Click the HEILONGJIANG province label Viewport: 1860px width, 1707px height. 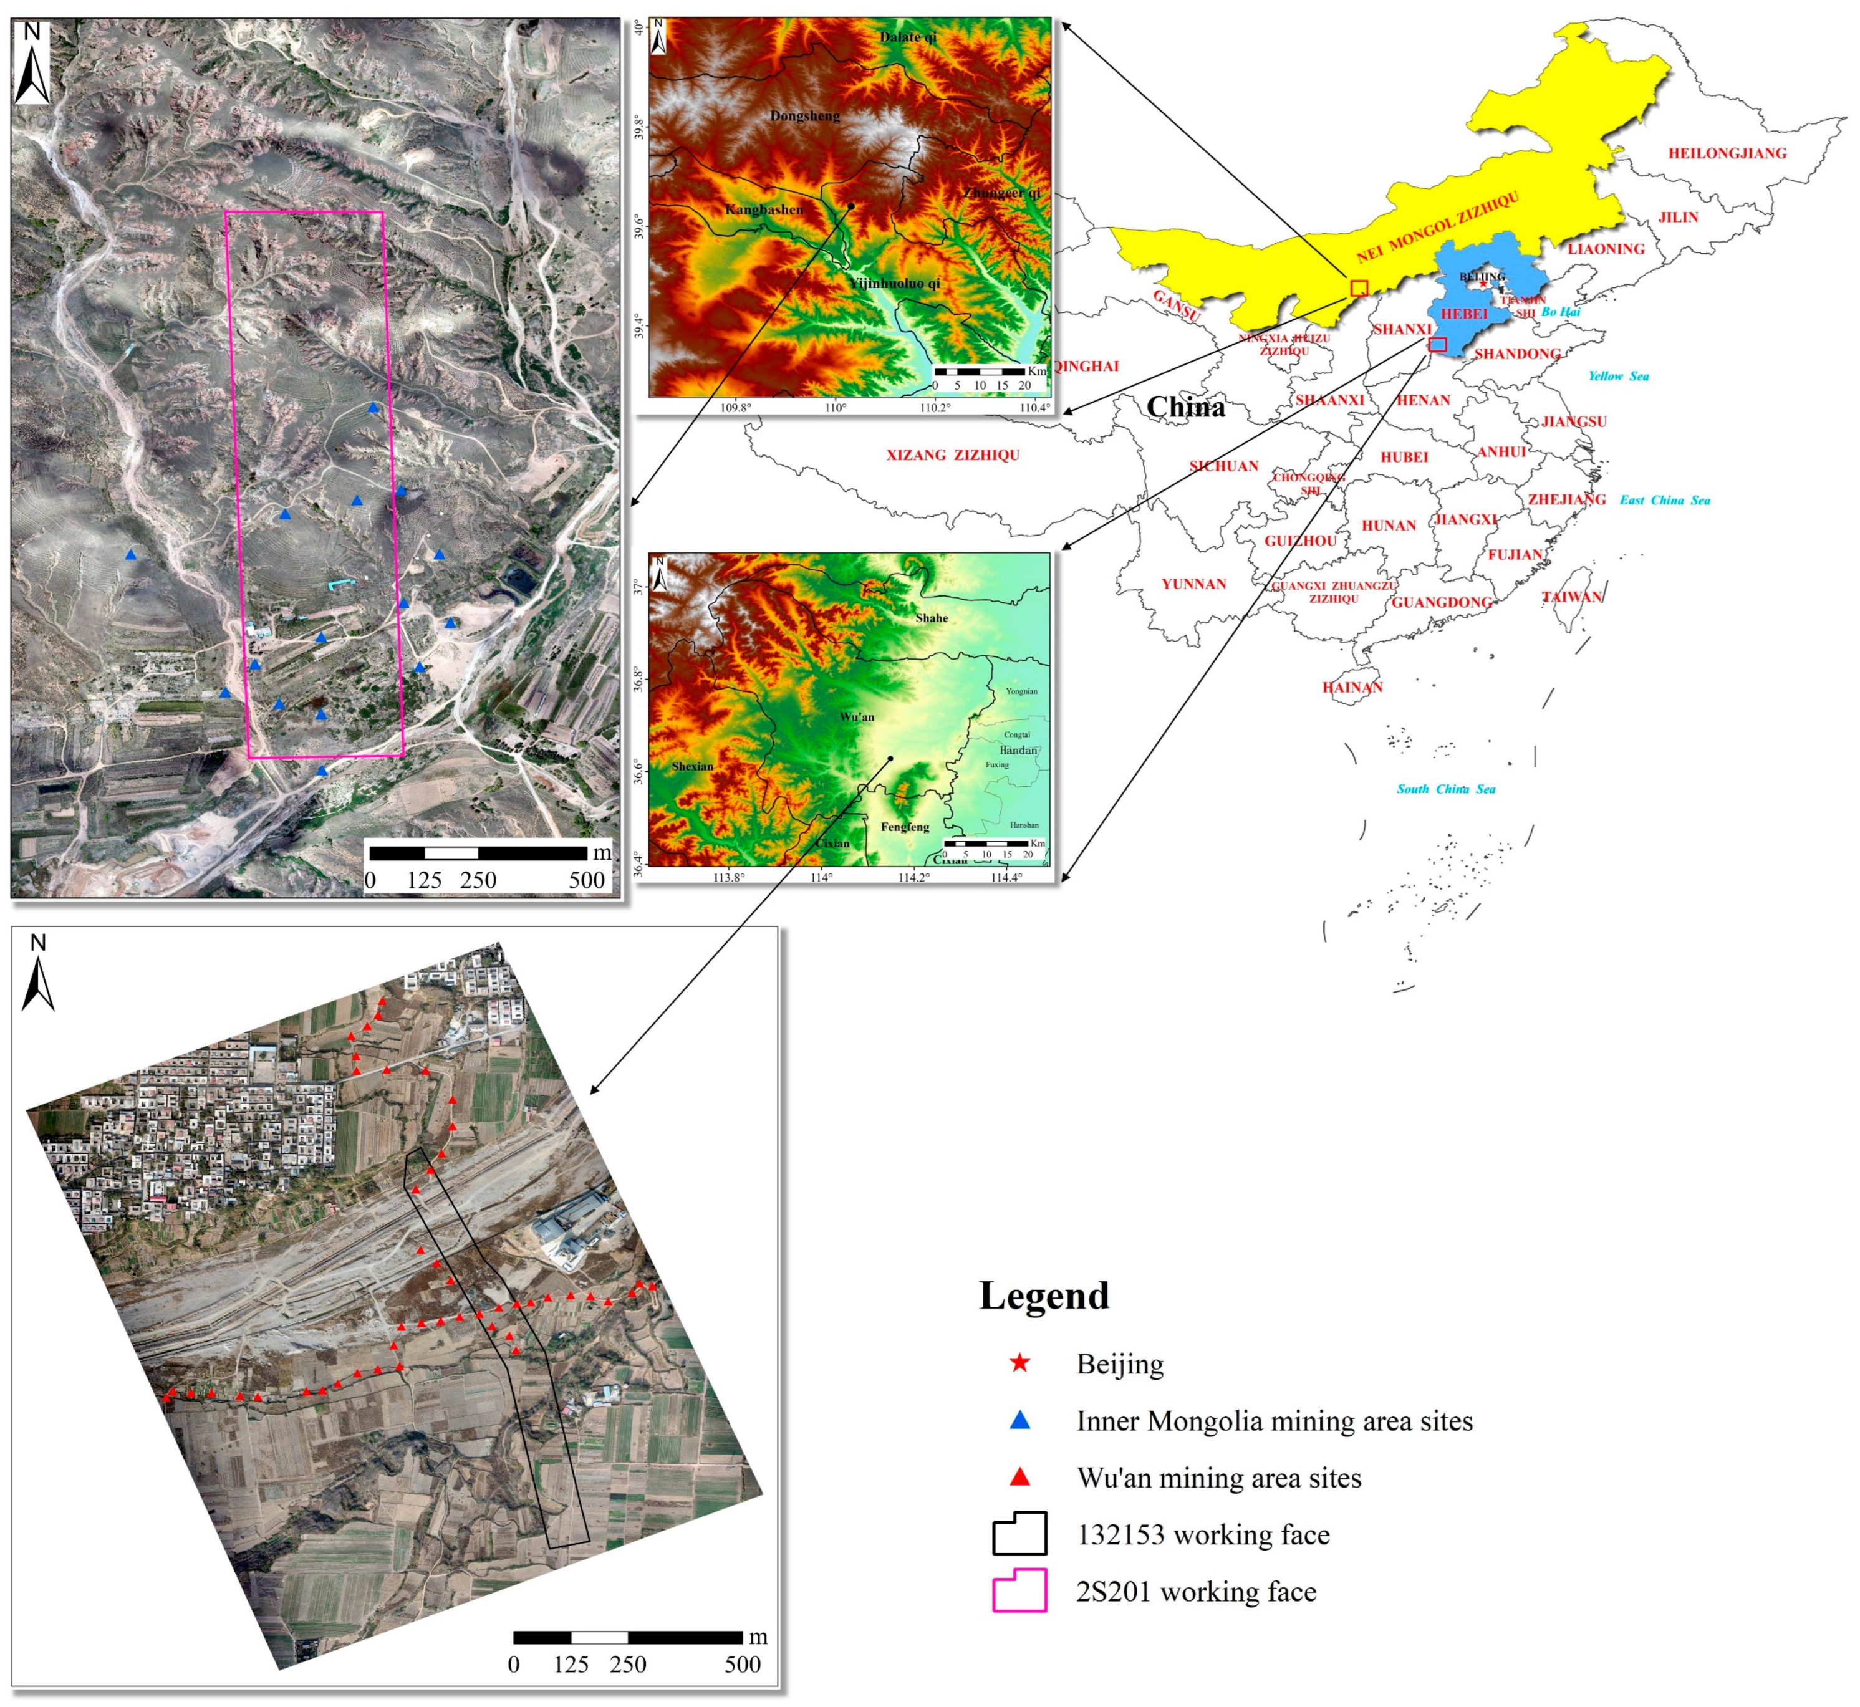pos(1726,153)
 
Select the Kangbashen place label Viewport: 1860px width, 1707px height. pos(764,209)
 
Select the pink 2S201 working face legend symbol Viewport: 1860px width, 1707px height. pos(1019,1590)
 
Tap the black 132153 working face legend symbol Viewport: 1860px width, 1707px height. pos(1019,1533)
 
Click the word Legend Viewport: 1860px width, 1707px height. pos(1044,1296)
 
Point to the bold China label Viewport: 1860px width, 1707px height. pos(1185,407)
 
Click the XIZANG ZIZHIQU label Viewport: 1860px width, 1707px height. pos(953,455)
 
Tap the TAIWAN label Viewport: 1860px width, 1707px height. pos(1572,597)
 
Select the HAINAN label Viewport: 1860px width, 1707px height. pos(1352,687)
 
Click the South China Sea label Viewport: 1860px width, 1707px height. pos(1445,789)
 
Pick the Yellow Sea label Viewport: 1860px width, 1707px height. pos(1618,376)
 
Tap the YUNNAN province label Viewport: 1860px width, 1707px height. pos(1194,584)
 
